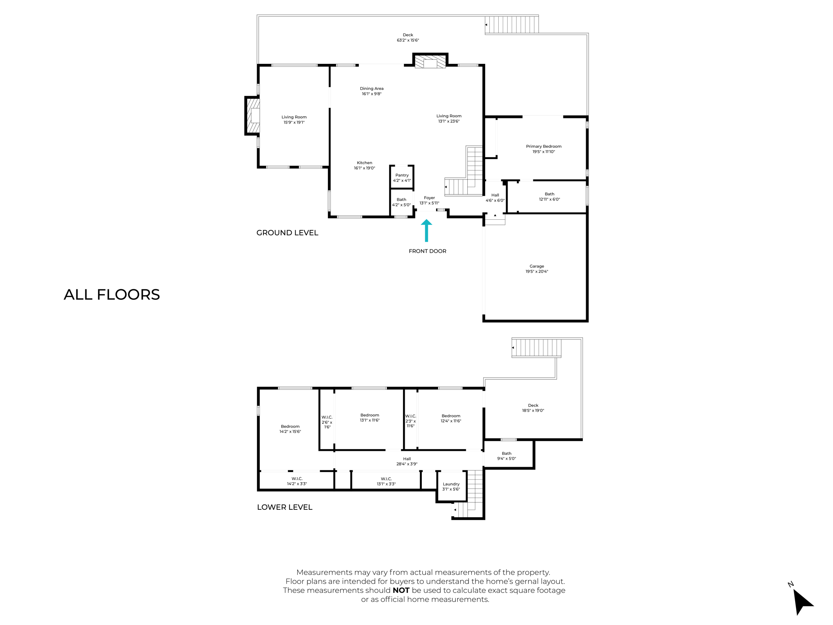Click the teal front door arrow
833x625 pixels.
tap(426, 230)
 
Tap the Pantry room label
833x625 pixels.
tap(402, 178)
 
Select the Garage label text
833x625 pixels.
tap(536, 269)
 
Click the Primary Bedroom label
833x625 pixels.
tap(543, 149)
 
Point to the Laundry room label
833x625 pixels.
tap(451, 487)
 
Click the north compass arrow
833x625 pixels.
tap(802, 602)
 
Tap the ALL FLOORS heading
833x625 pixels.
tap(112, 295)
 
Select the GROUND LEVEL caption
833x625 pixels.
tap(287, 233)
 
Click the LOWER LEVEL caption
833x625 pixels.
tap(285, 507)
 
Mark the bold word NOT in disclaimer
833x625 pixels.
tap(401, 590)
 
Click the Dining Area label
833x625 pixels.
tap(372, 91)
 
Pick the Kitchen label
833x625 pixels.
tap(364, 165)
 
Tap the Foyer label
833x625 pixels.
tap(430, 200)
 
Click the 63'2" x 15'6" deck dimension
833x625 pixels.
tap(408, 40)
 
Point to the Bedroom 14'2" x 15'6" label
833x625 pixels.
tap(290, 429)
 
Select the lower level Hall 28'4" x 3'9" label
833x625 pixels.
tap(407, 461)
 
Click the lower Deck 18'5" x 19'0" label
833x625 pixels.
tap(533, 408)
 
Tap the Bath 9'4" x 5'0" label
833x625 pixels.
tap(506, 456)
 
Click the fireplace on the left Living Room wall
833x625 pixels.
tap(253, 116)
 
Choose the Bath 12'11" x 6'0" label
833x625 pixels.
tap(550, 197)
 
